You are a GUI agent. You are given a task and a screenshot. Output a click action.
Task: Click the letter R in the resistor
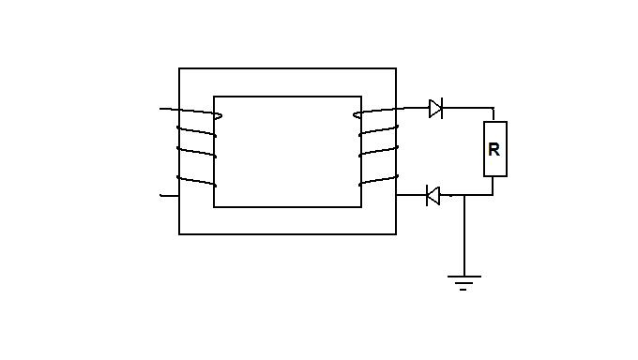[494, 150]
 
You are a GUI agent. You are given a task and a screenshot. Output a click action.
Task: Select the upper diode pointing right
[435, 108]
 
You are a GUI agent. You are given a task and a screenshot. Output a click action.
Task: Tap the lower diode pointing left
[433, 195]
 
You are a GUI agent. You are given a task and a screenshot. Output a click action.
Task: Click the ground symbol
[463, 283]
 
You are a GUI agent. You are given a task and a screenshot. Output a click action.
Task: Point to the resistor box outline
[484, 149]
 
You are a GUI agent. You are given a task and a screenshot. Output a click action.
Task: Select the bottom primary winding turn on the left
[196, 181]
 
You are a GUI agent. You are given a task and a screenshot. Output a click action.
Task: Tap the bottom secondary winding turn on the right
[378, 180]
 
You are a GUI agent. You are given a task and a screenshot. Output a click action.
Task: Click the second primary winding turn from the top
[196, 131]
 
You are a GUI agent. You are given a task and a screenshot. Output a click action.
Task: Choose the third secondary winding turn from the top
[378, 151]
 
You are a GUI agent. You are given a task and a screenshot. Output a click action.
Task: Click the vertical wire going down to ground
[464, 235]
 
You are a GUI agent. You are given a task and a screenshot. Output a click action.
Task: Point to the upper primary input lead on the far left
[169, 109]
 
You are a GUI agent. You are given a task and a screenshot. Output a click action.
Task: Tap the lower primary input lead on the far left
[169, 196]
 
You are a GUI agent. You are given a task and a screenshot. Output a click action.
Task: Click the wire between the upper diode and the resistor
[468, 108]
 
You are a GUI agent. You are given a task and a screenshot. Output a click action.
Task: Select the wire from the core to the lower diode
[411, 195]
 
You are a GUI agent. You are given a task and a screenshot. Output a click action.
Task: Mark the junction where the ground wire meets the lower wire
[464, 195]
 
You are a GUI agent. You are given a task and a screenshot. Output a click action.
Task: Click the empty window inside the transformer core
[287, 152]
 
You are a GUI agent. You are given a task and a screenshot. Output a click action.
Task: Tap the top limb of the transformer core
[287, 82]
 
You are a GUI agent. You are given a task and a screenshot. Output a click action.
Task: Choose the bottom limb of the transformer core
[287, 221]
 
